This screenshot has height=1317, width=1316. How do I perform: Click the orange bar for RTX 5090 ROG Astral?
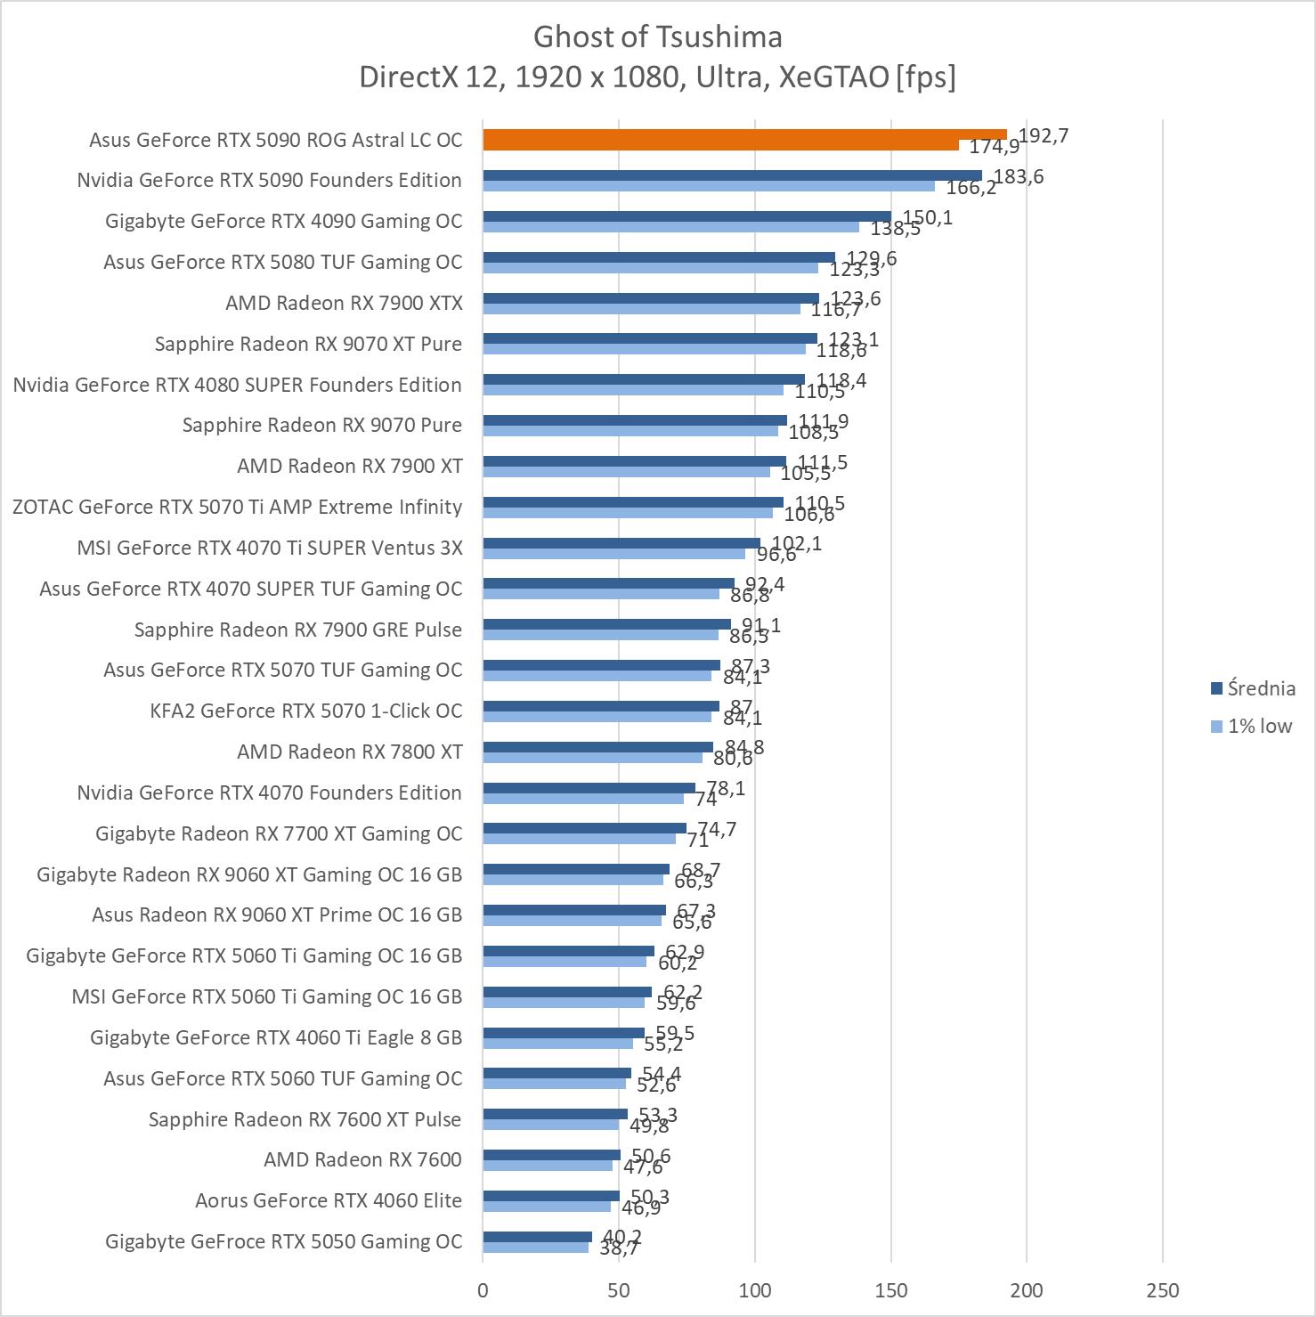[x=744, y=135]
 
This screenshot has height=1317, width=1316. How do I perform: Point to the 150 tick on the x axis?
[x=891, y=1290]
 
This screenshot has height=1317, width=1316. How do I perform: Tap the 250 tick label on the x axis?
[x=1163, y=1290]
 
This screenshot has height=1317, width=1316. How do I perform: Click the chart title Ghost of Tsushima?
[x=657, y=37]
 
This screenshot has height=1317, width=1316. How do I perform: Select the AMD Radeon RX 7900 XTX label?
[x=344, y=303]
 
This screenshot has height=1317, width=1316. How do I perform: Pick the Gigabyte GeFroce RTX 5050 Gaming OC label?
[x=283, y=1241]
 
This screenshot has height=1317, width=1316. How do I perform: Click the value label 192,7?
[x=1044, y=135]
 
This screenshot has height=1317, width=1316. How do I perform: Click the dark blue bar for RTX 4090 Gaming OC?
[x=686, y=216]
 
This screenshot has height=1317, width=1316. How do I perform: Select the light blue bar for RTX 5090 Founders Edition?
[x=709, y=186]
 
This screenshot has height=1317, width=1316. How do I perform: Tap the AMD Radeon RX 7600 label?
[x=362, y=1159]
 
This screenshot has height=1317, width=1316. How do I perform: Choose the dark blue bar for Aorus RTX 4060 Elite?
[x=551, y=1196]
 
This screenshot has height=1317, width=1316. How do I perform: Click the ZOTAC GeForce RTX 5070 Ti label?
[x=237, y=507]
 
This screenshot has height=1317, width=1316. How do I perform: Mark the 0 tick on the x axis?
[x=483, y=1290]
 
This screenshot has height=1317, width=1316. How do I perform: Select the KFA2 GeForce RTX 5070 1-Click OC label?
[x=306, y=711]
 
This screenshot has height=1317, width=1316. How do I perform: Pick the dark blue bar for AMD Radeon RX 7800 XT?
[x=597, y=747]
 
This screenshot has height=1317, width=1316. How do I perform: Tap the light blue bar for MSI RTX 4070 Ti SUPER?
[x=613, y=554]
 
